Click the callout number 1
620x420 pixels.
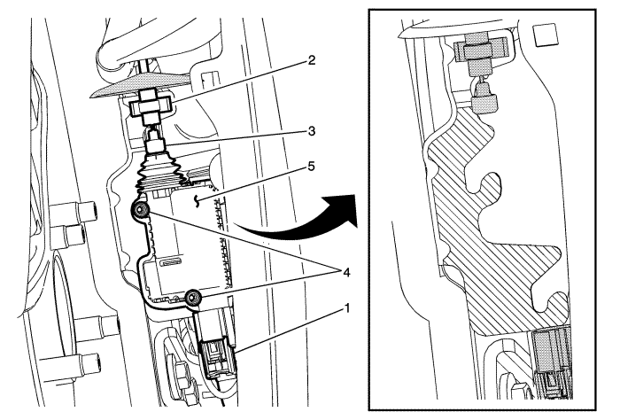tap(347, 307)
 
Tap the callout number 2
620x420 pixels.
tap(312, 60)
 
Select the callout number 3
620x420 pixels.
tap(312, 131)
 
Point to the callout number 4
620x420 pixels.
tap(346, 272)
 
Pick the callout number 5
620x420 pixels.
tap(312, 167)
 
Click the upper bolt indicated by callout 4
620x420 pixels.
tap(141, 210)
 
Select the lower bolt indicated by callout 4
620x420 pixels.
tap(193, 297)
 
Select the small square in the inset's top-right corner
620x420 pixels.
tap(545, 35)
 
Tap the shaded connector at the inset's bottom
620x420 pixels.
tap(551, 362)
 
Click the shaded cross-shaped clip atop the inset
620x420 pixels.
tap(479, 51)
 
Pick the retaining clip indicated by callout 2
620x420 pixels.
tap(151, 105)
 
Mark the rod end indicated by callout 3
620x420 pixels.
tap(155, 142)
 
